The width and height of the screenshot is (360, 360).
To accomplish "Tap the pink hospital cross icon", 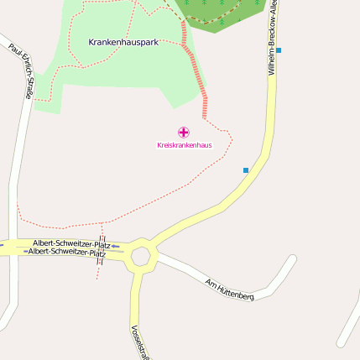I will point(184,132).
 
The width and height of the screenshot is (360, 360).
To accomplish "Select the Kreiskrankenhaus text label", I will point(184,145).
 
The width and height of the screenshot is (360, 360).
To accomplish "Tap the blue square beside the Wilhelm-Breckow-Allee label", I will point(279,50).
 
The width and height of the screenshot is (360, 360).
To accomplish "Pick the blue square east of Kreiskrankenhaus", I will point(246,170).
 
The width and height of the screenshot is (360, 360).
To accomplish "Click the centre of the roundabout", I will point(140,256).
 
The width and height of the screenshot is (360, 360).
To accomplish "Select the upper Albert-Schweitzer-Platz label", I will point(71,243).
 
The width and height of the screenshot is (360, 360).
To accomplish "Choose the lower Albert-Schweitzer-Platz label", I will point(67,252).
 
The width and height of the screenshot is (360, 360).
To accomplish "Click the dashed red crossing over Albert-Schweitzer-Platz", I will point(101,249).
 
